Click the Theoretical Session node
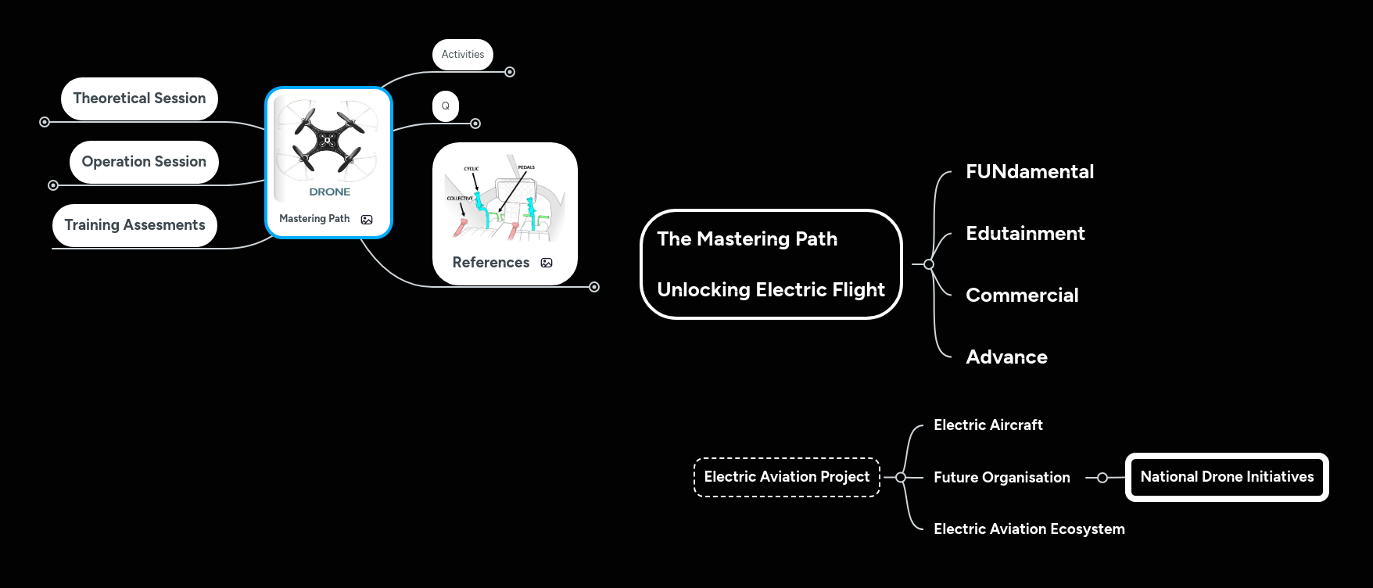click(139, 99)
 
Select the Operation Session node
click(144, 162)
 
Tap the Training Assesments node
click(134, 225)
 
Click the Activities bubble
click(463, 54)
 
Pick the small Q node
click(446, 106)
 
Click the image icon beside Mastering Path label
click(367, 220)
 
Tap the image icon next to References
click(547, 263)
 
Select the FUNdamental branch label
click(1029, 172)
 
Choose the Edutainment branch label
click(1025, 234)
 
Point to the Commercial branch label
click(1022, 296)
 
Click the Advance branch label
click(1006, 357)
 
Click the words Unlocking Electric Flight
click(771, 290)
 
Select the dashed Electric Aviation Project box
click(787, 477)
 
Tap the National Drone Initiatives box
click(1227, 477)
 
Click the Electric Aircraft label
click(988, 425)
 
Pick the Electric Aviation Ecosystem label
click(1029, 529)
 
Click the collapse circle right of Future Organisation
click(1102, 478)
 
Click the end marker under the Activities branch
click(510, 72)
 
